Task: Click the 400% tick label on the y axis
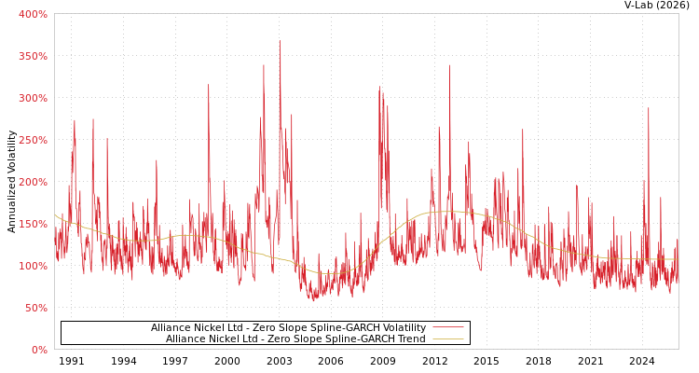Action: [x=33, y=14]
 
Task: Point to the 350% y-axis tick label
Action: [x=33, y=56]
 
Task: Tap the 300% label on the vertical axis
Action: [x=33, y=98]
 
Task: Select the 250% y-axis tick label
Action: [x=33, y=140]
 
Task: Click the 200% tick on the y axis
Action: [x=33, y=182]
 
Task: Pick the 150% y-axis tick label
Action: [x=33, y=224]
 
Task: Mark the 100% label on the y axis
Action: [x=33, y=266]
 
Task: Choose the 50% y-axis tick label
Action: [x=35, y=308]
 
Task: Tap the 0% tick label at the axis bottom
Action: [x=39, y=350]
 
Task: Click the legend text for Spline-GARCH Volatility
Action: [x=288, y=327]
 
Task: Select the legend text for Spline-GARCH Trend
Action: [x=295, y=338]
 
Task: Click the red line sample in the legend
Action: [x=447, y=327]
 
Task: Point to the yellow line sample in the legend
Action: [x=447, y=338]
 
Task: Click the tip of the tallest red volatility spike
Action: [x=280, y=40]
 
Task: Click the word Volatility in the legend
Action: [x=404, y=327]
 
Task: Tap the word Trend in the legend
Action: [x=411, y=338]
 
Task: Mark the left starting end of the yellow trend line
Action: [x=55, y=214]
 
